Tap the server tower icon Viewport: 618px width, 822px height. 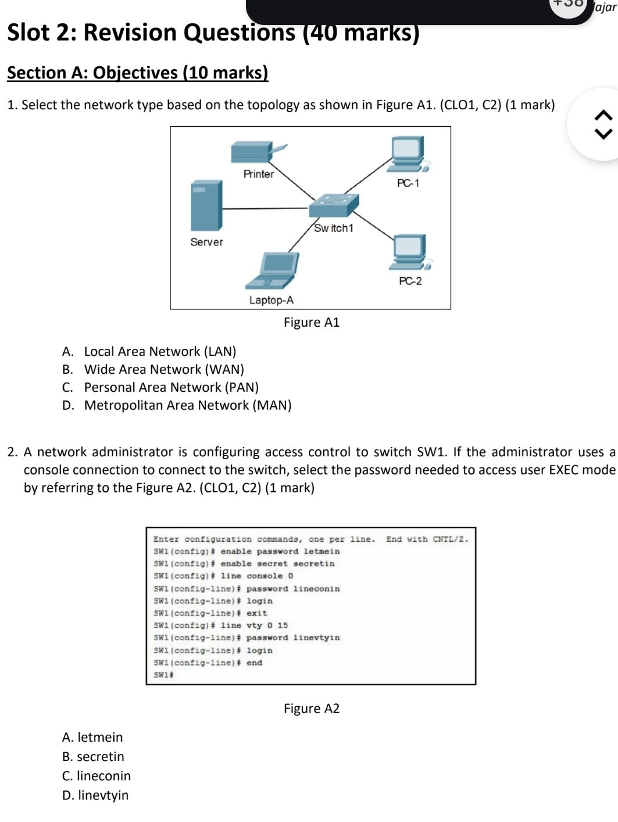(206, 206)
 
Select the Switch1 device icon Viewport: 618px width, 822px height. (333, 205)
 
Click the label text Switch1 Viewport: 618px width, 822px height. (334, 228)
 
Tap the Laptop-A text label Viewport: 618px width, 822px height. (272, 301)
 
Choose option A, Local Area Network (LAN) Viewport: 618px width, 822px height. (160, 352)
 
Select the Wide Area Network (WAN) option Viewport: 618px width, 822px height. (164, 370)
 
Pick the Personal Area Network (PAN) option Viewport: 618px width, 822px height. (171, 388)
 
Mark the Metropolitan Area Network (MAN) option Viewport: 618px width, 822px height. (187, 406)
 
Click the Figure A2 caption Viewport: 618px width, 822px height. (312, 709)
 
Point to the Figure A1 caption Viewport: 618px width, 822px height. (312, 323)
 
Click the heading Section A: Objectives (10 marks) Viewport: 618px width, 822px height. (138, 73)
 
